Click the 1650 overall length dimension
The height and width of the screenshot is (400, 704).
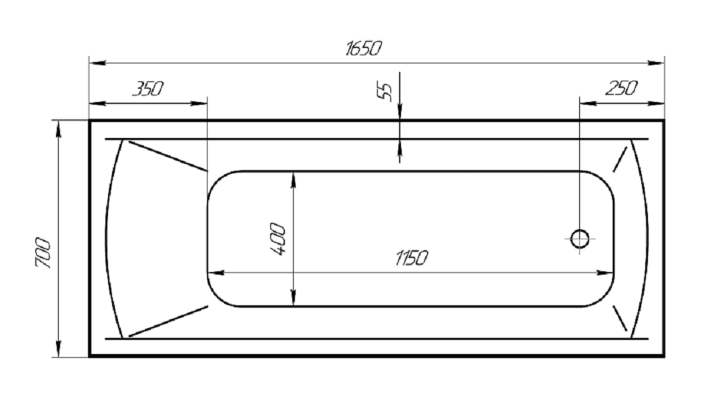[364, 48]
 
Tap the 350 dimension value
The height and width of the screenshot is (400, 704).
[147, 89]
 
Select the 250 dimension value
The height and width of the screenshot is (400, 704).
[621, 89]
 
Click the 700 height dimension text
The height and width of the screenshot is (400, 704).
[43, 253]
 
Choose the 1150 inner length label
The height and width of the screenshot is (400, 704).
[411, 258]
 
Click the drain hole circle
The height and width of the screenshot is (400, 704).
[580, 239]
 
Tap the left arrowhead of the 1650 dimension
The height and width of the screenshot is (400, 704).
[97, 63]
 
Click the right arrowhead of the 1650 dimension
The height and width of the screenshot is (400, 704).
[656, 63]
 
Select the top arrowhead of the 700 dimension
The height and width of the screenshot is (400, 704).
[58, 129]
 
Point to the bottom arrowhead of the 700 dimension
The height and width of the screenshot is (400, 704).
[58, 349]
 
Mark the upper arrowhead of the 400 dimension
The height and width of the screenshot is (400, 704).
[293, 179]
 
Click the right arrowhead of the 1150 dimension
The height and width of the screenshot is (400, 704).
[605, 273]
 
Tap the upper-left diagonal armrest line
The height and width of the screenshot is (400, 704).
[168, 156]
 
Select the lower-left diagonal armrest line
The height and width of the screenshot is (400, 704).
[168, 321]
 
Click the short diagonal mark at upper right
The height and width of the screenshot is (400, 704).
[620, 159]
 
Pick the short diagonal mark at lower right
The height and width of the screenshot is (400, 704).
[620, 319]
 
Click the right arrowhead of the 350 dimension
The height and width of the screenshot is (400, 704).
[199, 103]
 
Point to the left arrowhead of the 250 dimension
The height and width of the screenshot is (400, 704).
[588, 103]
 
